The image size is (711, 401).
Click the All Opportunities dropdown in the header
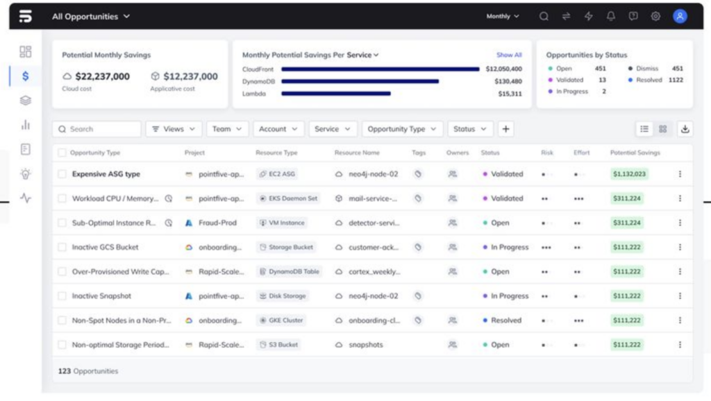(91, 17)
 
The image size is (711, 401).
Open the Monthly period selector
(503, 17)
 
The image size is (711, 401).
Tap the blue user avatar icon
(680, 17)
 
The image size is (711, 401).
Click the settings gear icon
(655, 17)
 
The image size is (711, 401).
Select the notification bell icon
(611, 17)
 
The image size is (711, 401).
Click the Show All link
(509, 55)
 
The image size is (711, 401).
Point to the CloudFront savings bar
(380, 69)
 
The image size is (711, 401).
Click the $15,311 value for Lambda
(510, 94)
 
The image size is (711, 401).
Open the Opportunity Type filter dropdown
(402, 129)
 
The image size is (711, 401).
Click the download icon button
(685, 129)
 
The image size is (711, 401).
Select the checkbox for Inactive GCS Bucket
(62, 248)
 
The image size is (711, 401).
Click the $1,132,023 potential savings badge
(629, 174)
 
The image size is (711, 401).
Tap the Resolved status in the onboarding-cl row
(505, 321)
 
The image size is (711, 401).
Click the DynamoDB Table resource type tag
(289, 272)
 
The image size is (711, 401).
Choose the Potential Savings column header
(635, 153)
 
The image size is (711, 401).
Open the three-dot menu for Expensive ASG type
(680, 174)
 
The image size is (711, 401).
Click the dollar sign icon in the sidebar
(26, 76)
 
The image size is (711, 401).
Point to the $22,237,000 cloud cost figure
(102, 76)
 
